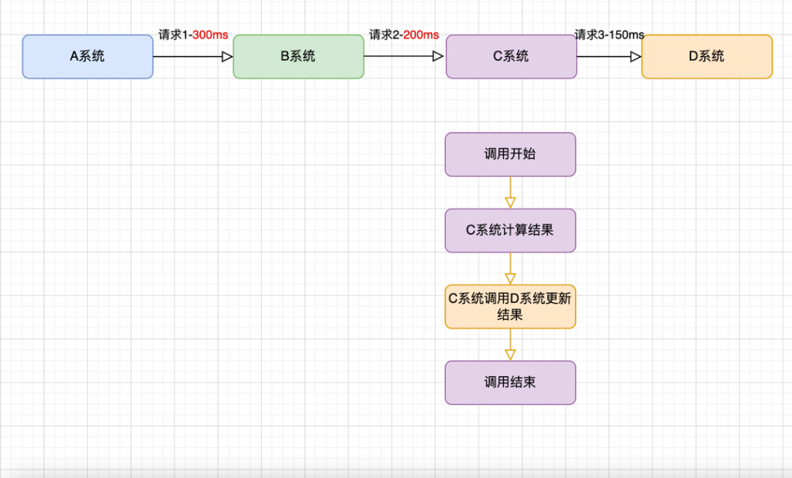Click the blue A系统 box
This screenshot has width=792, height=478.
(x=87, y=56)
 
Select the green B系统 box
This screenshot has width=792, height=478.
(x=298, y=56)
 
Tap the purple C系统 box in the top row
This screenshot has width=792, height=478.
(x=511, y=56)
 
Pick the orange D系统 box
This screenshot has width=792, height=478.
(x=706, y=56)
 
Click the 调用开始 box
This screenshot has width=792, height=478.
(x=510, y=154)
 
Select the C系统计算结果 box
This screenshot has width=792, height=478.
(x=510, y=230)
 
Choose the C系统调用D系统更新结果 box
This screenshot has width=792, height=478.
(x=510, y=306)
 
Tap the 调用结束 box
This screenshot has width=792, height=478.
(x=510, y=382)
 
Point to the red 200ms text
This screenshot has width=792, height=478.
(x=421, y=34)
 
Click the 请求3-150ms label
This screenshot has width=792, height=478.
(x=609, y=34)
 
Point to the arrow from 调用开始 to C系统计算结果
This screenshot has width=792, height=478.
(x=510, y=192)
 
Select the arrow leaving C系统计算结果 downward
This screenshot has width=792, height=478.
(x=510, y=268)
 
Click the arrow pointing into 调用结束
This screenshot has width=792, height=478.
(x=510, y=345)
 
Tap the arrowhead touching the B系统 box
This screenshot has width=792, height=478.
(x=227, y=56)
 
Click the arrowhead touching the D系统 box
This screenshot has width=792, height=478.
(x=636, y=56)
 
